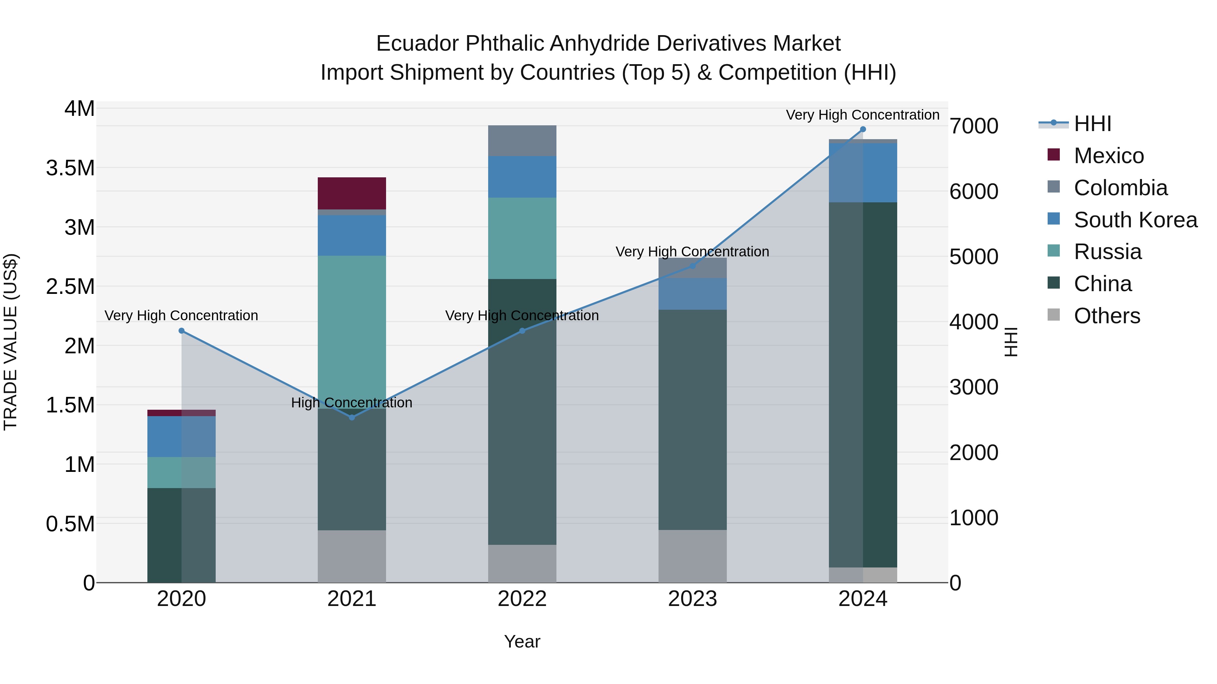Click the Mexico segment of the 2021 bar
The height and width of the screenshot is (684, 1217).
click(352, 193)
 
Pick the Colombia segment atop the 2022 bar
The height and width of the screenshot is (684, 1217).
click(522, 141)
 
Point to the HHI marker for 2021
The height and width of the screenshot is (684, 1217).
click(352, 417)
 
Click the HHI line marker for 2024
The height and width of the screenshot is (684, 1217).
click(863, 129)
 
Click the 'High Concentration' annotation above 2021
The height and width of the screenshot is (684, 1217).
click(352, 403)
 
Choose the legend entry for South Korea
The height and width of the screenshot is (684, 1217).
click(1135, 220)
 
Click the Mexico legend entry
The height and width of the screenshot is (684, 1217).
click(1108, 156)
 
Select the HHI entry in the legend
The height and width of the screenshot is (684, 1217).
click(1092, 124)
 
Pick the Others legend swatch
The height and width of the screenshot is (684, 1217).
click(1053, 315)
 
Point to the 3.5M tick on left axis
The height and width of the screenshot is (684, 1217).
click(70, 168)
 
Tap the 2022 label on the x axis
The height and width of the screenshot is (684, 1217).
click(522, 599)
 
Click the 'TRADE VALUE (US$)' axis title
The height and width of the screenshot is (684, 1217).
click(10, 342)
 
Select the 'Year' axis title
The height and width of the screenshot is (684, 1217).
click(522, 641)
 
